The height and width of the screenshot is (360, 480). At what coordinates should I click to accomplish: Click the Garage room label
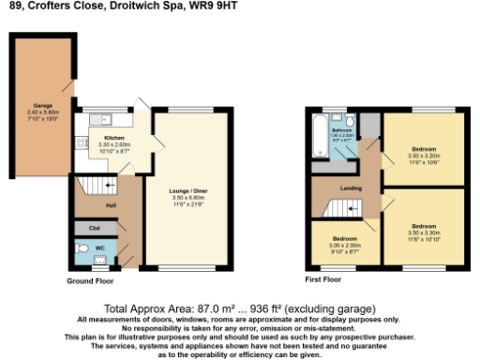[x=42, y=106]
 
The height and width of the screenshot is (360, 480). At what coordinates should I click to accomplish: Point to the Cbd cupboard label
[x=94, y=227]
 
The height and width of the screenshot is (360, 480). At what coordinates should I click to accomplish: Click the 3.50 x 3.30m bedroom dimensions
[x=424, y=231]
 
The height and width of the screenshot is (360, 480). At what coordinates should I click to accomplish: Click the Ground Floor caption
[x=92, y=280]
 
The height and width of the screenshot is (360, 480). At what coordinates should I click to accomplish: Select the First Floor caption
[x=323, y=279]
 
